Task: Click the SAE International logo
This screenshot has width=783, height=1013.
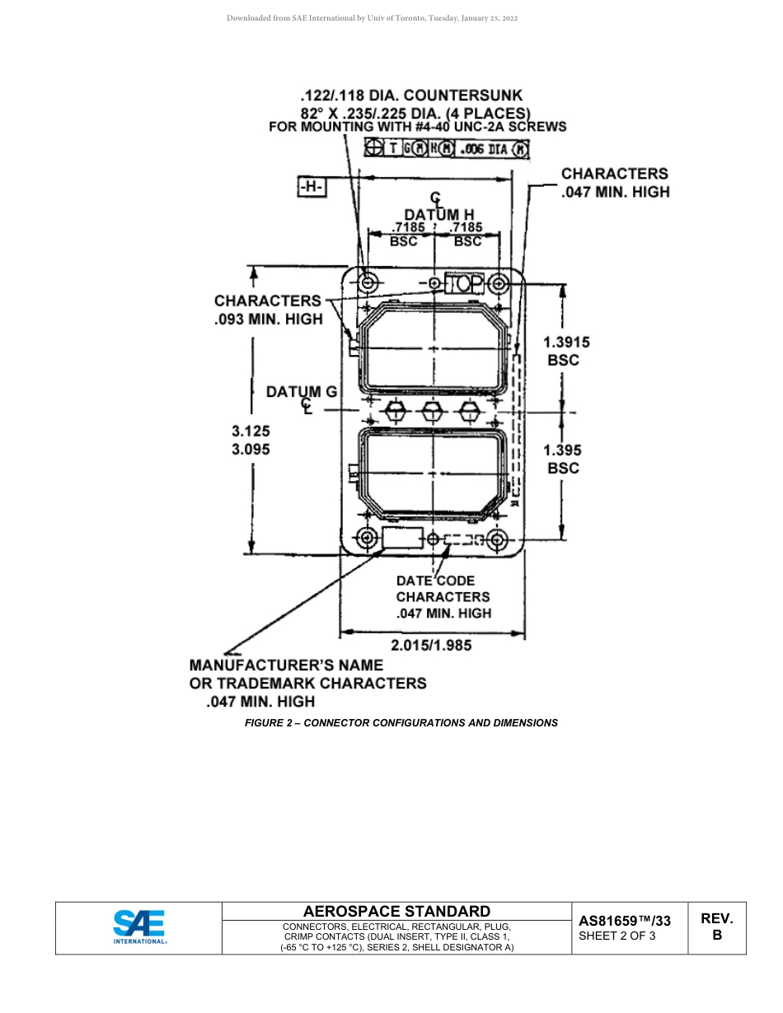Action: point(139,927)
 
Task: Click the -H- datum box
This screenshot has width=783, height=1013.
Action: point(312,188)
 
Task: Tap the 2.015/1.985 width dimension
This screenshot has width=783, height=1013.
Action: point(431,645)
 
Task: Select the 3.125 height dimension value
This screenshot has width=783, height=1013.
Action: point(251,431)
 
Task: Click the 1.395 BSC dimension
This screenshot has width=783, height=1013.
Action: point(564,459)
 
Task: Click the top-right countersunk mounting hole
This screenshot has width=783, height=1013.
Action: point(498,284)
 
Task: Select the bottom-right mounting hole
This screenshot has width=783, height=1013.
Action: point(497,540)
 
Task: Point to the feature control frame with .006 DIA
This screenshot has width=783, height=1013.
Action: point(447,149)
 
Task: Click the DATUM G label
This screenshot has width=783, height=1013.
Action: point(302,392)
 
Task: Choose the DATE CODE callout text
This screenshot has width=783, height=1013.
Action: point(435,581)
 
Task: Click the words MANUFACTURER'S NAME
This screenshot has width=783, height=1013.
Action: point(286,665)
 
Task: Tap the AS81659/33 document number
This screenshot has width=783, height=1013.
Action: point(625,921)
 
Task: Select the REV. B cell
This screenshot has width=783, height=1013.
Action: point(716,927)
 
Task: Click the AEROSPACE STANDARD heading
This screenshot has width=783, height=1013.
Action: point(396,911)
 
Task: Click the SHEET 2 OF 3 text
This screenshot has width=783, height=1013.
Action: point(617,936)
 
